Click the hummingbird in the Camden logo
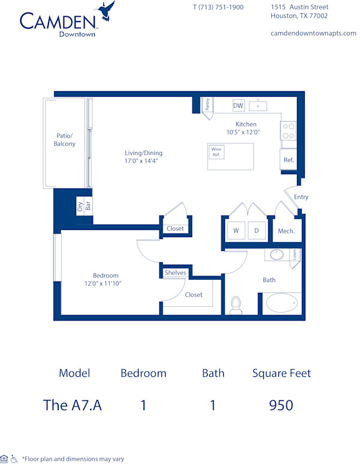[106, 10]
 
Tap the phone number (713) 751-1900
[218, 7]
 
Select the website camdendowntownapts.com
[313, 33]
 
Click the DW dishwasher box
[238, 106]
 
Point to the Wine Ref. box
[216, 152]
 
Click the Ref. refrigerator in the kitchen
[289, 160]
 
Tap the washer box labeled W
[236, 230]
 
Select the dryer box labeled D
[256, 230]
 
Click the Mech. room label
[286, 231]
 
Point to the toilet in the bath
[236, 304]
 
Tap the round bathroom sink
[277, 255]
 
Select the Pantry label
[207, 104]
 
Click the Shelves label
[176, 273]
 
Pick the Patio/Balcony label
[65, 140]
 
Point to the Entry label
[301, 197]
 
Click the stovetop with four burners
[289, 130]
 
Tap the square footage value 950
[281, 405]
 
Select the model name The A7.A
[73, 405]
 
